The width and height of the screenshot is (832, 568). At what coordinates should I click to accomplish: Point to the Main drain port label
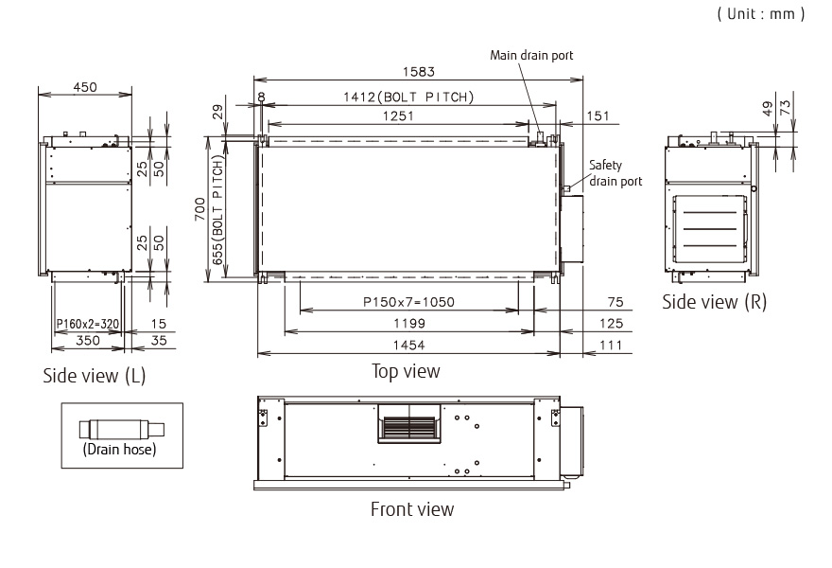coord(531,55)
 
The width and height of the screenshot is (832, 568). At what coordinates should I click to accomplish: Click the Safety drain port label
coord(615,172)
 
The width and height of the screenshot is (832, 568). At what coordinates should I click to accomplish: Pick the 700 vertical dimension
coord(199,209)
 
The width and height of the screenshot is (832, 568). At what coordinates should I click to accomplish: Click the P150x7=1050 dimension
coord(408,302)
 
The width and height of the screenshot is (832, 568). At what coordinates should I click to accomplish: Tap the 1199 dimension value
coord(408,324)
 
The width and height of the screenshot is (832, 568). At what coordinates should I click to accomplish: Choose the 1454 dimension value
coord(408,346)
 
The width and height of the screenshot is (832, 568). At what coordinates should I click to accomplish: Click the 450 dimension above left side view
coord(84,87)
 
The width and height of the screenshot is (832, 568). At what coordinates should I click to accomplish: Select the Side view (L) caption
coord(95,376)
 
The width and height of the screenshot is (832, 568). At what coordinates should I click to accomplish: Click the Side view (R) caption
coord(714,301)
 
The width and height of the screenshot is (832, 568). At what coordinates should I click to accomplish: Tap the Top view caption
coord(406,371)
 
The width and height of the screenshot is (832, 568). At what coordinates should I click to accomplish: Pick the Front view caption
coord(411,509)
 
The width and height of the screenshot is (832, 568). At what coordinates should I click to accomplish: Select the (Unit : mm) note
coord(759,14)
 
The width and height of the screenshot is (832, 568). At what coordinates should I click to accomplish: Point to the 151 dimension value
coord(599,115)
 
